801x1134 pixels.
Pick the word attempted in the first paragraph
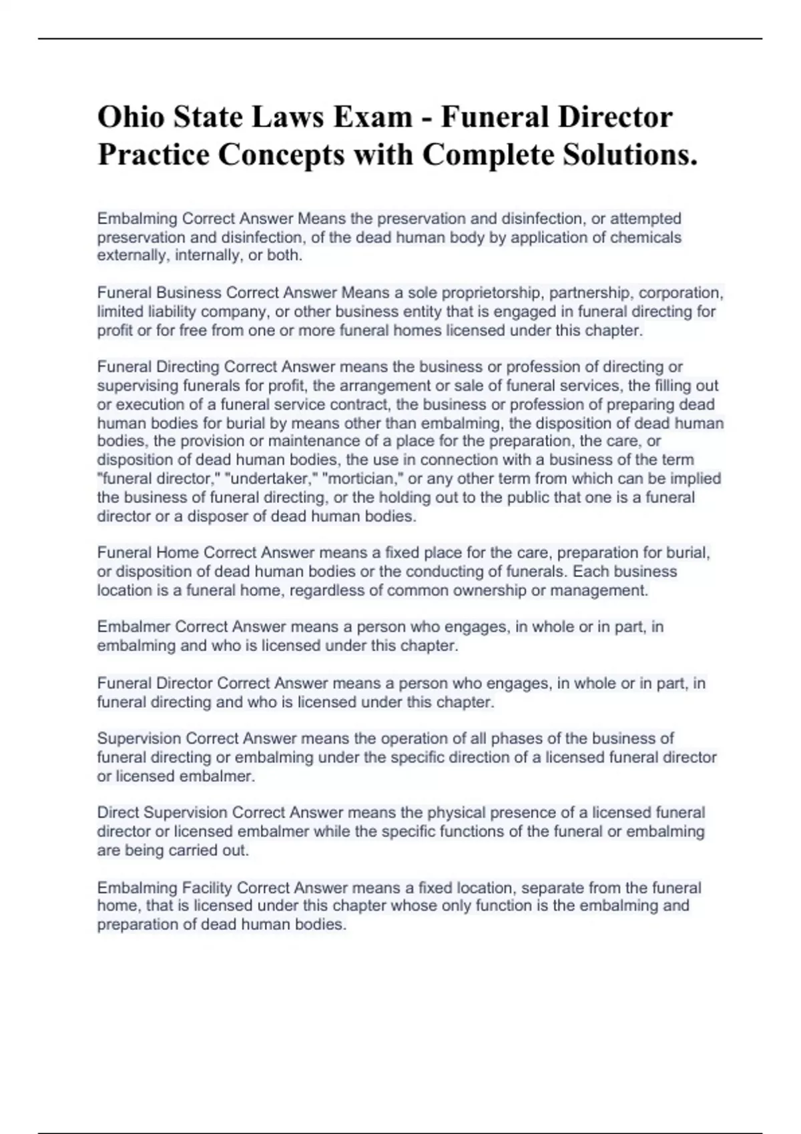pos(645,219)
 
